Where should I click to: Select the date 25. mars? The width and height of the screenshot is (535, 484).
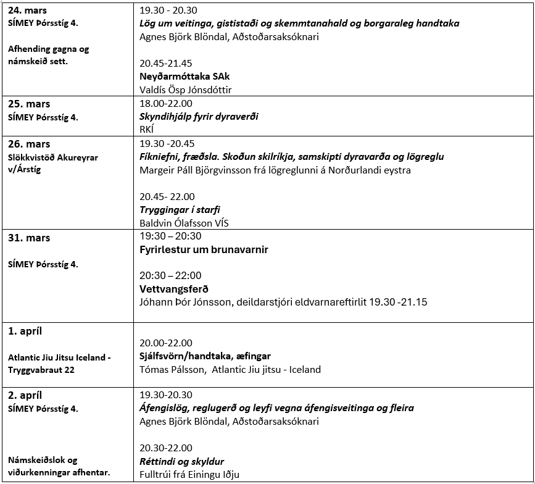[29, 104]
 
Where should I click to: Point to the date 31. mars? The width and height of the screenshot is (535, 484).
[29, 238]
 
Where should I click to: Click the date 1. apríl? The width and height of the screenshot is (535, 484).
[25, 331]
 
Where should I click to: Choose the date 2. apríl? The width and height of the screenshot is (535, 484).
[25, 395]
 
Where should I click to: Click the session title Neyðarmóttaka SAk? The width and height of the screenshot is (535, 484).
[185, 77]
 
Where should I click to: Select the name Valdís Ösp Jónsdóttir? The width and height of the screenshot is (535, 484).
[186, 90]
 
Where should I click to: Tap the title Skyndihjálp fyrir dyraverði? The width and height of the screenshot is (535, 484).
[199, 116]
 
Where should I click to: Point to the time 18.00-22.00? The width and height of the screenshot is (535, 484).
[165, 103]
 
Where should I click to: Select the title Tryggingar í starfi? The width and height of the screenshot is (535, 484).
[180, 209]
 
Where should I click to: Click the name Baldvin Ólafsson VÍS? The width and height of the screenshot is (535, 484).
[184, 223]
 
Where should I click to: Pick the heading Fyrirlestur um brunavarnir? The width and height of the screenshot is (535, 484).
[204, 249]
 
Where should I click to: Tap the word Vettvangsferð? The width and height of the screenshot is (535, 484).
[174, 289]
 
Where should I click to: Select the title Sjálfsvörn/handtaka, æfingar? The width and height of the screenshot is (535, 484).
[205, 356]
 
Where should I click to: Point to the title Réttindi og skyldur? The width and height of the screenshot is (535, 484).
[181, 461]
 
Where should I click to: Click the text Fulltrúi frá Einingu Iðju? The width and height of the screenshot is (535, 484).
[189, 475]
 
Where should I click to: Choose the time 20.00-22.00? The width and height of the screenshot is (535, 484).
[165, 343]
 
